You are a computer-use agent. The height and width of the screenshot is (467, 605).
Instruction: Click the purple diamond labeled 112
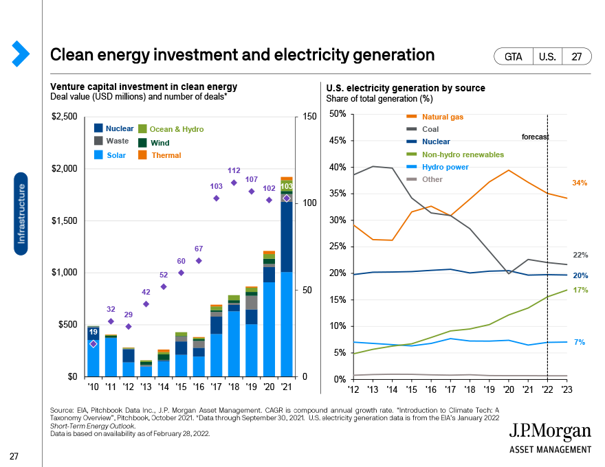tap(234, 183)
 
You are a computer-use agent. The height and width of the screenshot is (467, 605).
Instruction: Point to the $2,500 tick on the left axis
tap(64, 117)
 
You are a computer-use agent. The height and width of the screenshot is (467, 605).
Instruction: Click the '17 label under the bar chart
tap(217, 387)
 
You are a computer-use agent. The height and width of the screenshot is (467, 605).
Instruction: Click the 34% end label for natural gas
tap(580, 183)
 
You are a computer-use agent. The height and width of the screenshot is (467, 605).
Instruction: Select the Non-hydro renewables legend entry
tap(463, 155)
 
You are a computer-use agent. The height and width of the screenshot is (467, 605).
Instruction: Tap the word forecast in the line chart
tap(535, 137)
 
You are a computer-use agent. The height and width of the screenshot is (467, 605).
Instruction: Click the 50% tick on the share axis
tap(338, 114)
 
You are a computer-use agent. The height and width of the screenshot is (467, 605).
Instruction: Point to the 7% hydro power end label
tap(580, 342)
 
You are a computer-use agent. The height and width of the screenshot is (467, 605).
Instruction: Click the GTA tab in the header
tap(514, 57)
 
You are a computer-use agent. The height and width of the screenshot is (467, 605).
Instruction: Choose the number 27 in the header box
tap(576, 57)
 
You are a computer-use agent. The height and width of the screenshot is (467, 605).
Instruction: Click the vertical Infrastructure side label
tap(21, 214)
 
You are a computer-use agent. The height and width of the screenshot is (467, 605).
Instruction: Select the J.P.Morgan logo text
tap(550, 431)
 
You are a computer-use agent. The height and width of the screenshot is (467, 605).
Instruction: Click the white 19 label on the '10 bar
tap(93, 332)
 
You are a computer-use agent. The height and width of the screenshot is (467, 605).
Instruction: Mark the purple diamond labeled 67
tap(199, 261)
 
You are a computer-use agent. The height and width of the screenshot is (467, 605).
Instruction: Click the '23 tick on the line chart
tap(565, 389)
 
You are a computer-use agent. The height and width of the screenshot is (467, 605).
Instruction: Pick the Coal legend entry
tap(431, 129)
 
